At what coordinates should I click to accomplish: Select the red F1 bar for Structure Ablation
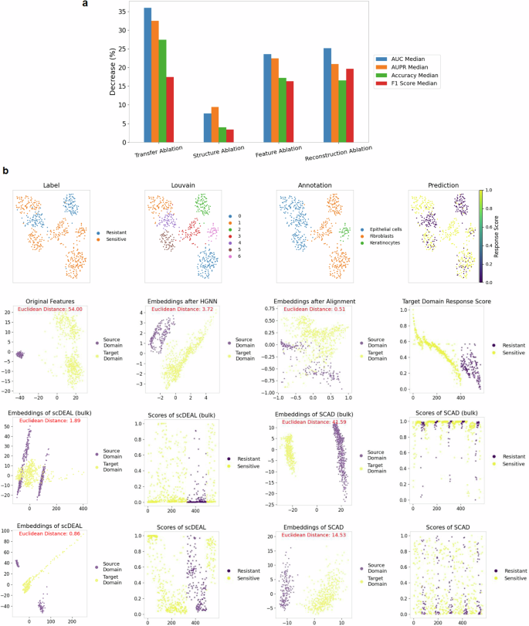(229, 136)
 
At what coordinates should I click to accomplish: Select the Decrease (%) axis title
(113, 73)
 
